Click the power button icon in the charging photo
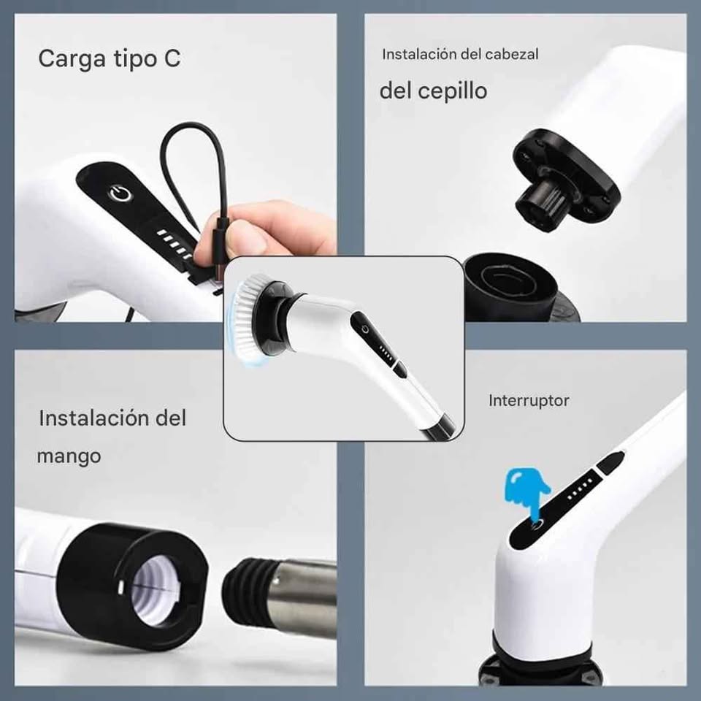[118, 193]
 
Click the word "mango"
[69, 456]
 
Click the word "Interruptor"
[529, 400]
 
